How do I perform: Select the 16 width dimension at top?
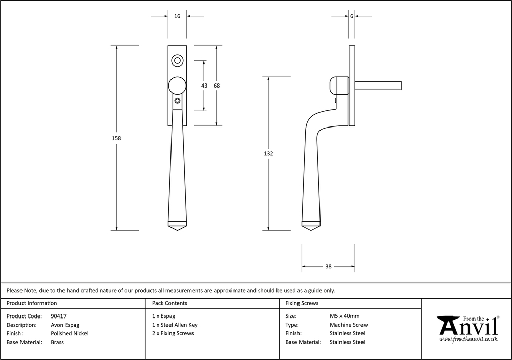point(177,16)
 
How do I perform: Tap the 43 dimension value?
point(204,86)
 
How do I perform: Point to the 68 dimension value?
point(217,86)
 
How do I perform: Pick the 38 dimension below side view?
point(328,266)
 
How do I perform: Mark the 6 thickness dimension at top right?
point(352,16)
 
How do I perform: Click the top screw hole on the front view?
point(178,60)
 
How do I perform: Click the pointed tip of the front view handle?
point(177,231)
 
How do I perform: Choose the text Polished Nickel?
point(70,333)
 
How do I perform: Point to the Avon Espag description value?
point(66,325)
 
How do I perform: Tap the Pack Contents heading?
point(169,303)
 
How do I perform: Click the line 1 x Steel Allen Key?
point(175,325)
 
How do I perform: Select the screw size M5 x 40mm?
point(345,316)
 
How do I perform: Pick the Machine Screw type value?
point(349,325)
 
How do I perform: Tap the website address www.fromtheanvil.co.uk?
point(468,340)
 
